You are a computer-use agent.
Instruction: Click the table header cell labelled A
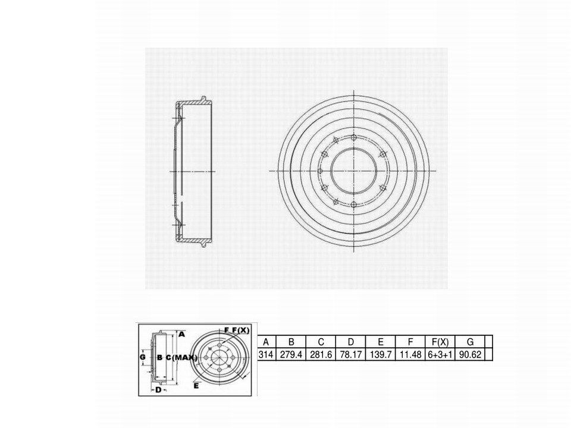pyautogui.click(x=266, y=342)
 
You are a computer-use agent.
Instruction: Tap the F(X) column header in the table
pyautogui.click(x=440, y=342)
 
